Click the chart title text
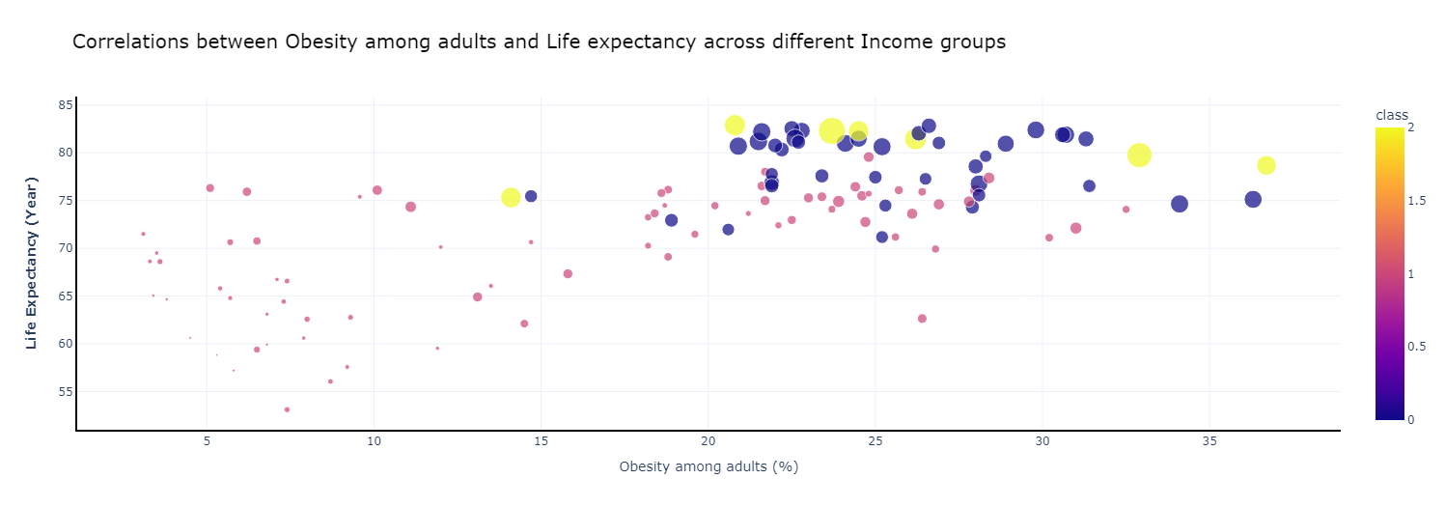tap(539, 42)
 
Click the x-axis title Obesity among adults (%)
tap(709, 466)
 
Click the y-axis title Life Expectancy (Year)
tap(32, 263)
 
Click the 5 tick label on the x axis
tap(208, 441)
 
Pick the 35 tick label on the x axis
tap(1209, 441)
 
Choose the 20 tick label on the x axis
tap(709, 441)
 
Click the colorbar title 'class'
tap(1392, 115)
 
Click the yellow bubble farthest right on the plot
tap(1266, 165)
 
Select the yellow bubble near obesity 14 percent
tap(511, 197)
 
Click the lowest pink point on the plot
tap(287, 409)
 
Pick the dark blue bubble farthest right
tap(1253, 199)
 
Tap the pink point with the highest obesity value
tap(1125, 210)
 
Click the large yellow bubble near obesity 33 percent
tap(1139, 155)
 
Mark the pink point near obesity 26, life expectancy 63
tap(922, 319)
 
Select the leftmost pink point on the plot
tap(143, 234)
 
